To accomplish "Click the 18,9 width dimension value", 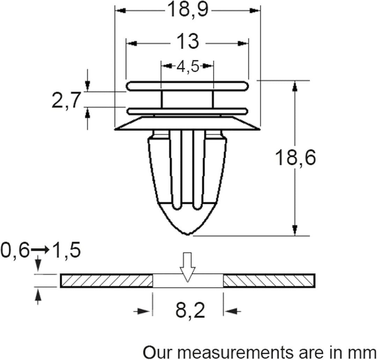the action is (x=188, y=10).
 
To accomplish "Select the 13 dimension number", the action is (x=188, y=41).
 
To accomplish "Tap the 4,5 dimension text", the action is (x=188, y=66).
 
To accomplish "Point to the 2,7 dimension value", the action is (x=66, y=100).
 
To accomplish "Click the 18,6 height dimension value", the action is (x=295, y=158).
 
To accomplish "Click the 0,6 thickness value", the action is (x=15, y=250).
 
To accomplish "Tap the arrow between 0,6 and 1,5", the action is (x=40, y=250).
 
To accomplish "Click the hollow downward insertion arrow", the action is (x=187, y=267).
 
